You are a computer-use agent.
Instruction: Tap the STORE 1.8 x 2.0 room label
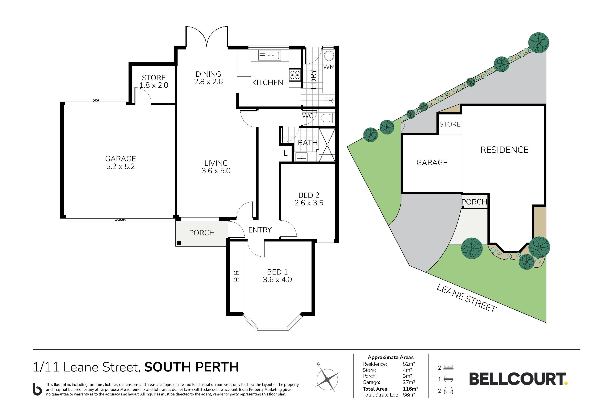tap(154, 81)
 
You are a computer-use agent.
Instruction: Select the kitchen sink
tap(269, 55)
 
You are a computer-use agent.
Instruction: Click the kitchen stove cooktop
tap(295, 75)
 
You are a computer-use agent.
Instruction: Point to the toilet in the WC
tap(327, 118)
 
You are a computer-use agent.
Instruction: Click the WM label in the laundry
tap(329, 67)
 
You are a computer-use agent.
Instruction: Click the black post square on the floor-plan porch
tap(179, 243)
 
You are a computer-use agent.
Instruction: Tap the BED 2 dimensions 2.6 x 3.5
tap(309, 203)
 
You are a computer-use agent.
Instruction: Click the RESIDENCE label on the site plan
tap(504, 150)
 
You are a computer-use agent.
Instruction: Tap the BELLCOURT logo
tap(518, 379)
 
